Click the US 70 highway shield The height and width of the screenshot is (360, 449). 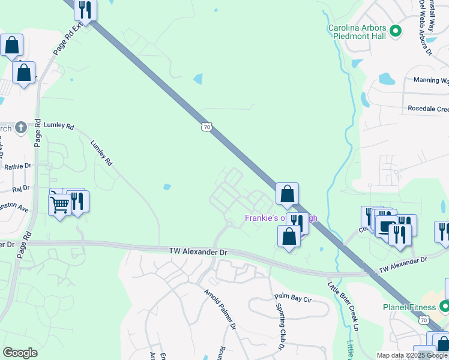point(206,127)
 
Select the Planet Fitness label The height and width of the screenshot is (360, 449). point(409,307)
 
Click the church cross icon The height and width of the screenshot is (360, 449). point(20,127)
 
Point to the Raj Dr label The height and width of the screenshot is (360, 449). point(20,188)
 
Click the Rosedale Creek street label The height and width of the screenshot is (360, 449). point(427,109)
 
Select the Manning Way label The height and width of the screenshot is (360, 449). point(430,80)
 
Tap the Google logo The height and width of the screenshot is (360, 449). point(20,353)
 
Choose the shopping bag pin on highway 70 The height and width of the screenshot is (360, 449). point(288,194)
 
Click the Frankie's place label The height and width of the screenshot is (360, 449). point(280,218)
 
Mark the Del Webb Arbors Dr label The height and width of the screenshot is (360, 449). point(426,27)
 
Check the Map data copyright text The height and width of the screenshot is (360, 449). point(412,355)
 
